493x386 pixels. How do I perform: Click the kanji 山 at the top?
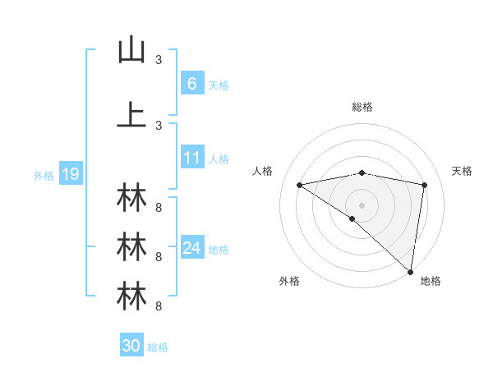tap(131, 50)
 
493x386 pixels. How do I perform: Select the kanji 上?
tap(131, 115)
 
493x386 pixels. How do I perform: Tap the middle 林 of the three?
tap(131, 246)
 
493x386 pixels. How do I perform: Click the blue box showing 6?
tap(191, 83)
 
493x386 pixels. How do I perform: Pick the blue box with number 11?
tap(191, 158)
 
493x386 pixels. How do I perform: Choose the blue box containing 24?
tap(191, 248)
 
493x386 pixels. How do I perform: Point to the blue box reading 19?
tap(70, 174)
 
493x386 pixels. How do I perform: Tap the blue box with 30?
tap(131, 346)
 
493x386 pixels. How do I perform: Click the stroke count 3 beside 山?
tap(159, 60)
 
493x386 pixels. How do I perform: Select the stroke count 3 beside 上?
tap(159, 125)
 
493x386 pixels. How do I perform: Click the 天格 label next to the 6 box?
tap(219, 85)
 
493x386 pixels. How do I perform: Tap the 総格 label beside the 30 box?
tap(158, 347)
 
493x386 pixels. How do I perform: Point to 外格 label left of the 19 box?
tap(44, 175)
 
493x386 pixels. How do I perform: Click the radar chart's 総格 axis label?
tap(362, 107)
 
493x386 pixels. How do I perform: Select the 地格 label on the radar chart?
tap(431, 281)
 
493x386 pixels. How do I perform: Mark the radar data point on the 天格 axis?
tap(425, 185)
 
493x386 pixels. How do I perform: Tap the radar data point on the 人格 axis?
tap(300, 185)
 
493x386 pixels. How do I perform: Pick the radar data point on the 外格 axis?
tap(352, 218)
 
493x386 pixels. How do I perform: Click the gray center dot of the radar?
tap(362, 204)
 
